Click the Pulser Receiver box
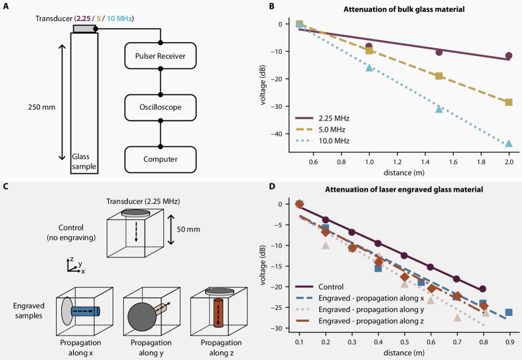163,56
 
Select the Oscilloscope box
163,107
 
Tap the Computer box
163,158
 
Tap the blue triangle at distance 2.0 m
509,143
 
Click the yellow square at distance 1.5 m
439,76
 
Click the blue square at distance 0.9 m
509,312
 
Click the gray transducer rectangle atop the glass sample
84,29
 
